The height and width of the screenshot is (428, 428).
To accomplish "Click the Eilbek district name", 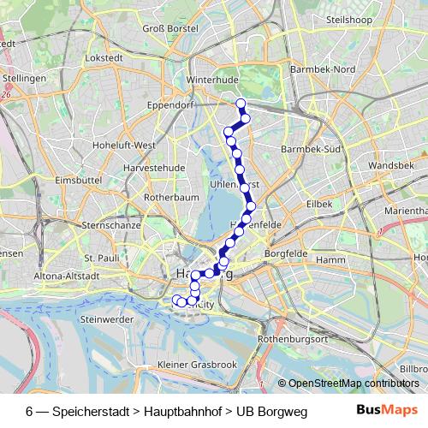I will pos(318,204).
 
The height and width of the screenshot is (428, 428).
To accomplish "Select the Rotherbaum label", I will pos(170,196).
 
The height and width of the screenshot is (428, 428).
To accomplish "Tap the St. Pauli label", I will pos(100,257).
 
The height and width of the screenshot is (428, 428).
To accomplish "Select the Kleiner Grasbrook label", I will pos(198,366).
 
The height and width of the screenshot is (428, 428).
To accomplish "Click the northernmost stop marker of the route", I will pos(241,104).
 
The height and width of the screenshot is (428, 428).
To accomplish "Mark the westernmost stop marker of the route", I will pos(177,300).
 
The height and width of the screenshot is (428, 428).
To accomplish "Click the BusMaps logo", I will pos(381,410).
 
